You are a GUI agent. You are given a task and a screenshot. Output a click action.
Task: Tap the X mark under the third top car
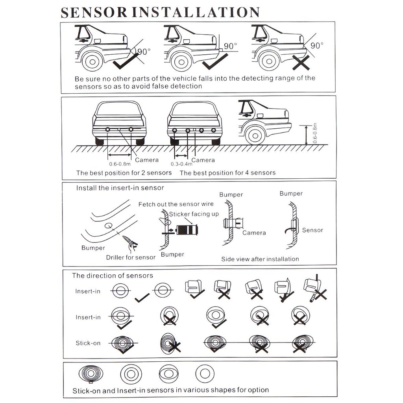coord(300,63)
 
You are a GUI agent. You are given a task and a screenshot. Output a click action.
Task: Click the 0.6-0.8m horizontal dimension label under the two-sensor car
coord(120,164)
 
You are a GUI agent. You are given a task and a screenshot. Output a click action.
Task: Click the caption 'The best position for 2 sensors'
coord(124,173)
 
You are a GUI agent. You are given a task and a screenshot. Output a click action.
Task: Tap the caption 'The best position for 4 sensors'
coord(227,173)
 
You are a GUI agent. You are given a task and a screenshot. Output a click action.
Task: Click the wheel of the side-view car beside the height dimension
coord(255,135)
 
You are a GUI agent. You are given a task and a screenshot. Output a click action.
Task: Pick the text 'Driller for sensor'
coord(131,257)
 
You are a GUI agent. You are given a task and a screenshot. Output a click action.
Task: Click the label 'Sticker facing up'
coord(194,214)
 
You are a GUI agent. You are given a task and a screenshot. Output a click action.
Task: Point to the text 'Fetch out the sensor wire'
coord(176,204)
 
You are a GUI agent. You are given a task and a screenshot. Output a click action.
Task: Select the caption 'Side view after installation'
coord(260,259)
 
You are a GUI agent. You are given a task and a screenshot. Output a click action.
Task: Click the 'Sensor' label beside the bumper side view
coord(312,230)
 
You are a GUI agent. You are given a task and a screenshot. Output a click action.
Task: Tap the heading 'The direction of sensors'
coord(113,275)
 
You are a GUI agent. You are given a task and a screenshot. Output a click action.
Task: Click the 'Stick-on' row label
coord(88,343)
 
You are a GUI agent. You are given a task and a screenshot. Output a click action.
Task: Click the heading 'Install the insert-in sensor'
coord(120,188)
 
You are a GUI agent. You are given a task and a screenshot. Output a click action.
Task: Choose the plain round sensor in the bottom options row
coord(205,373)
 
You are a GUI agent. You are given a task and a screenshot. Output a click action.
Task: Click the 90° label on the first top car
coord(144,52)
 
